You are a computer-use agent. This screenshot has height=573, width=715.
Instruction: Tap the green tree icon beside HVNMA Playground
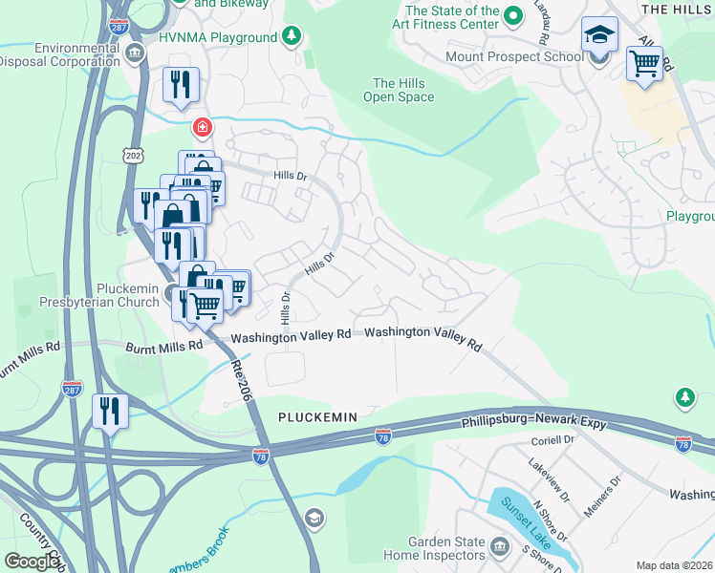[292, 37]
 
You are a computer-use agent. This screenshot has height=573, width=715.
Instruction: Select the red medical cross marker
[202, 126]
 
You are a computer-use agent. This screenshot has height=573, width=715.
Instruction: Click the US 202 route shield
[132, 155]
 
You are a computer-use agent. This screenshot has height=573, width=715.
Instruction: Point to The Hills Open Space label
[403, 90]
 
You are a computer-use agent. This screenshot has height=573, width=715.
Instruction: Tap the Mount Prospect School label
[514, 56]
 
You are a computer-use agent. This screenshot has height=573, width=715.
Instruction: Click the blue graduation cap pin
[599, 35]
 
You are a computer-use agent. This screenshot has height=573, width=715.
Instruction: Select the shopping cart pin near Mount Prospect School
[645, 65]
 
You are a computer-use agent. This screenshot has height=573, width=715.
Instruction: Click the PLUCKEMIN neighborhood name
[317, 417]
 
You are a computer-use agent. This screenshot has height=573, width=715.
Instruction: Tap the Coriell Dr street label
[552, 442]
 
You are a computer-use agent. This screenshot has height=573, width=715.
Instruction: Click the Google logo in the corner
[32, 562]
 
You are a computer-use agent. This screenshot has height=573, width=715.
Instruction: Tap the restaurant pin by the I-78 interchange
[111, 412]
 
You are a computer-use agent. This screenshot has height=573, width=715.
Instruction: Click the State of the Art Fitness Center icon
[512, 14]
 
